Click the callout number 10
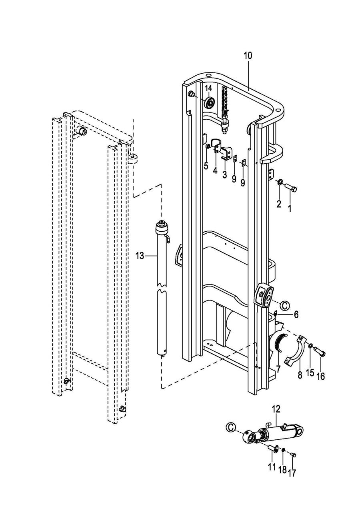(248, 56)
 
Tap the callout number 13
(140, 256)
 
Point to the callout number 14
(209, 88)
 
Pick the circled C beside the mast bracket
(284, 306)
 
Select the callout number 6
(296, 315)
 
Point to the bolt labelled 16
(320, 354)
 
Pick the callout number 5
(206, 166)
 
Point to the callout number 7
(278, 369)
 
